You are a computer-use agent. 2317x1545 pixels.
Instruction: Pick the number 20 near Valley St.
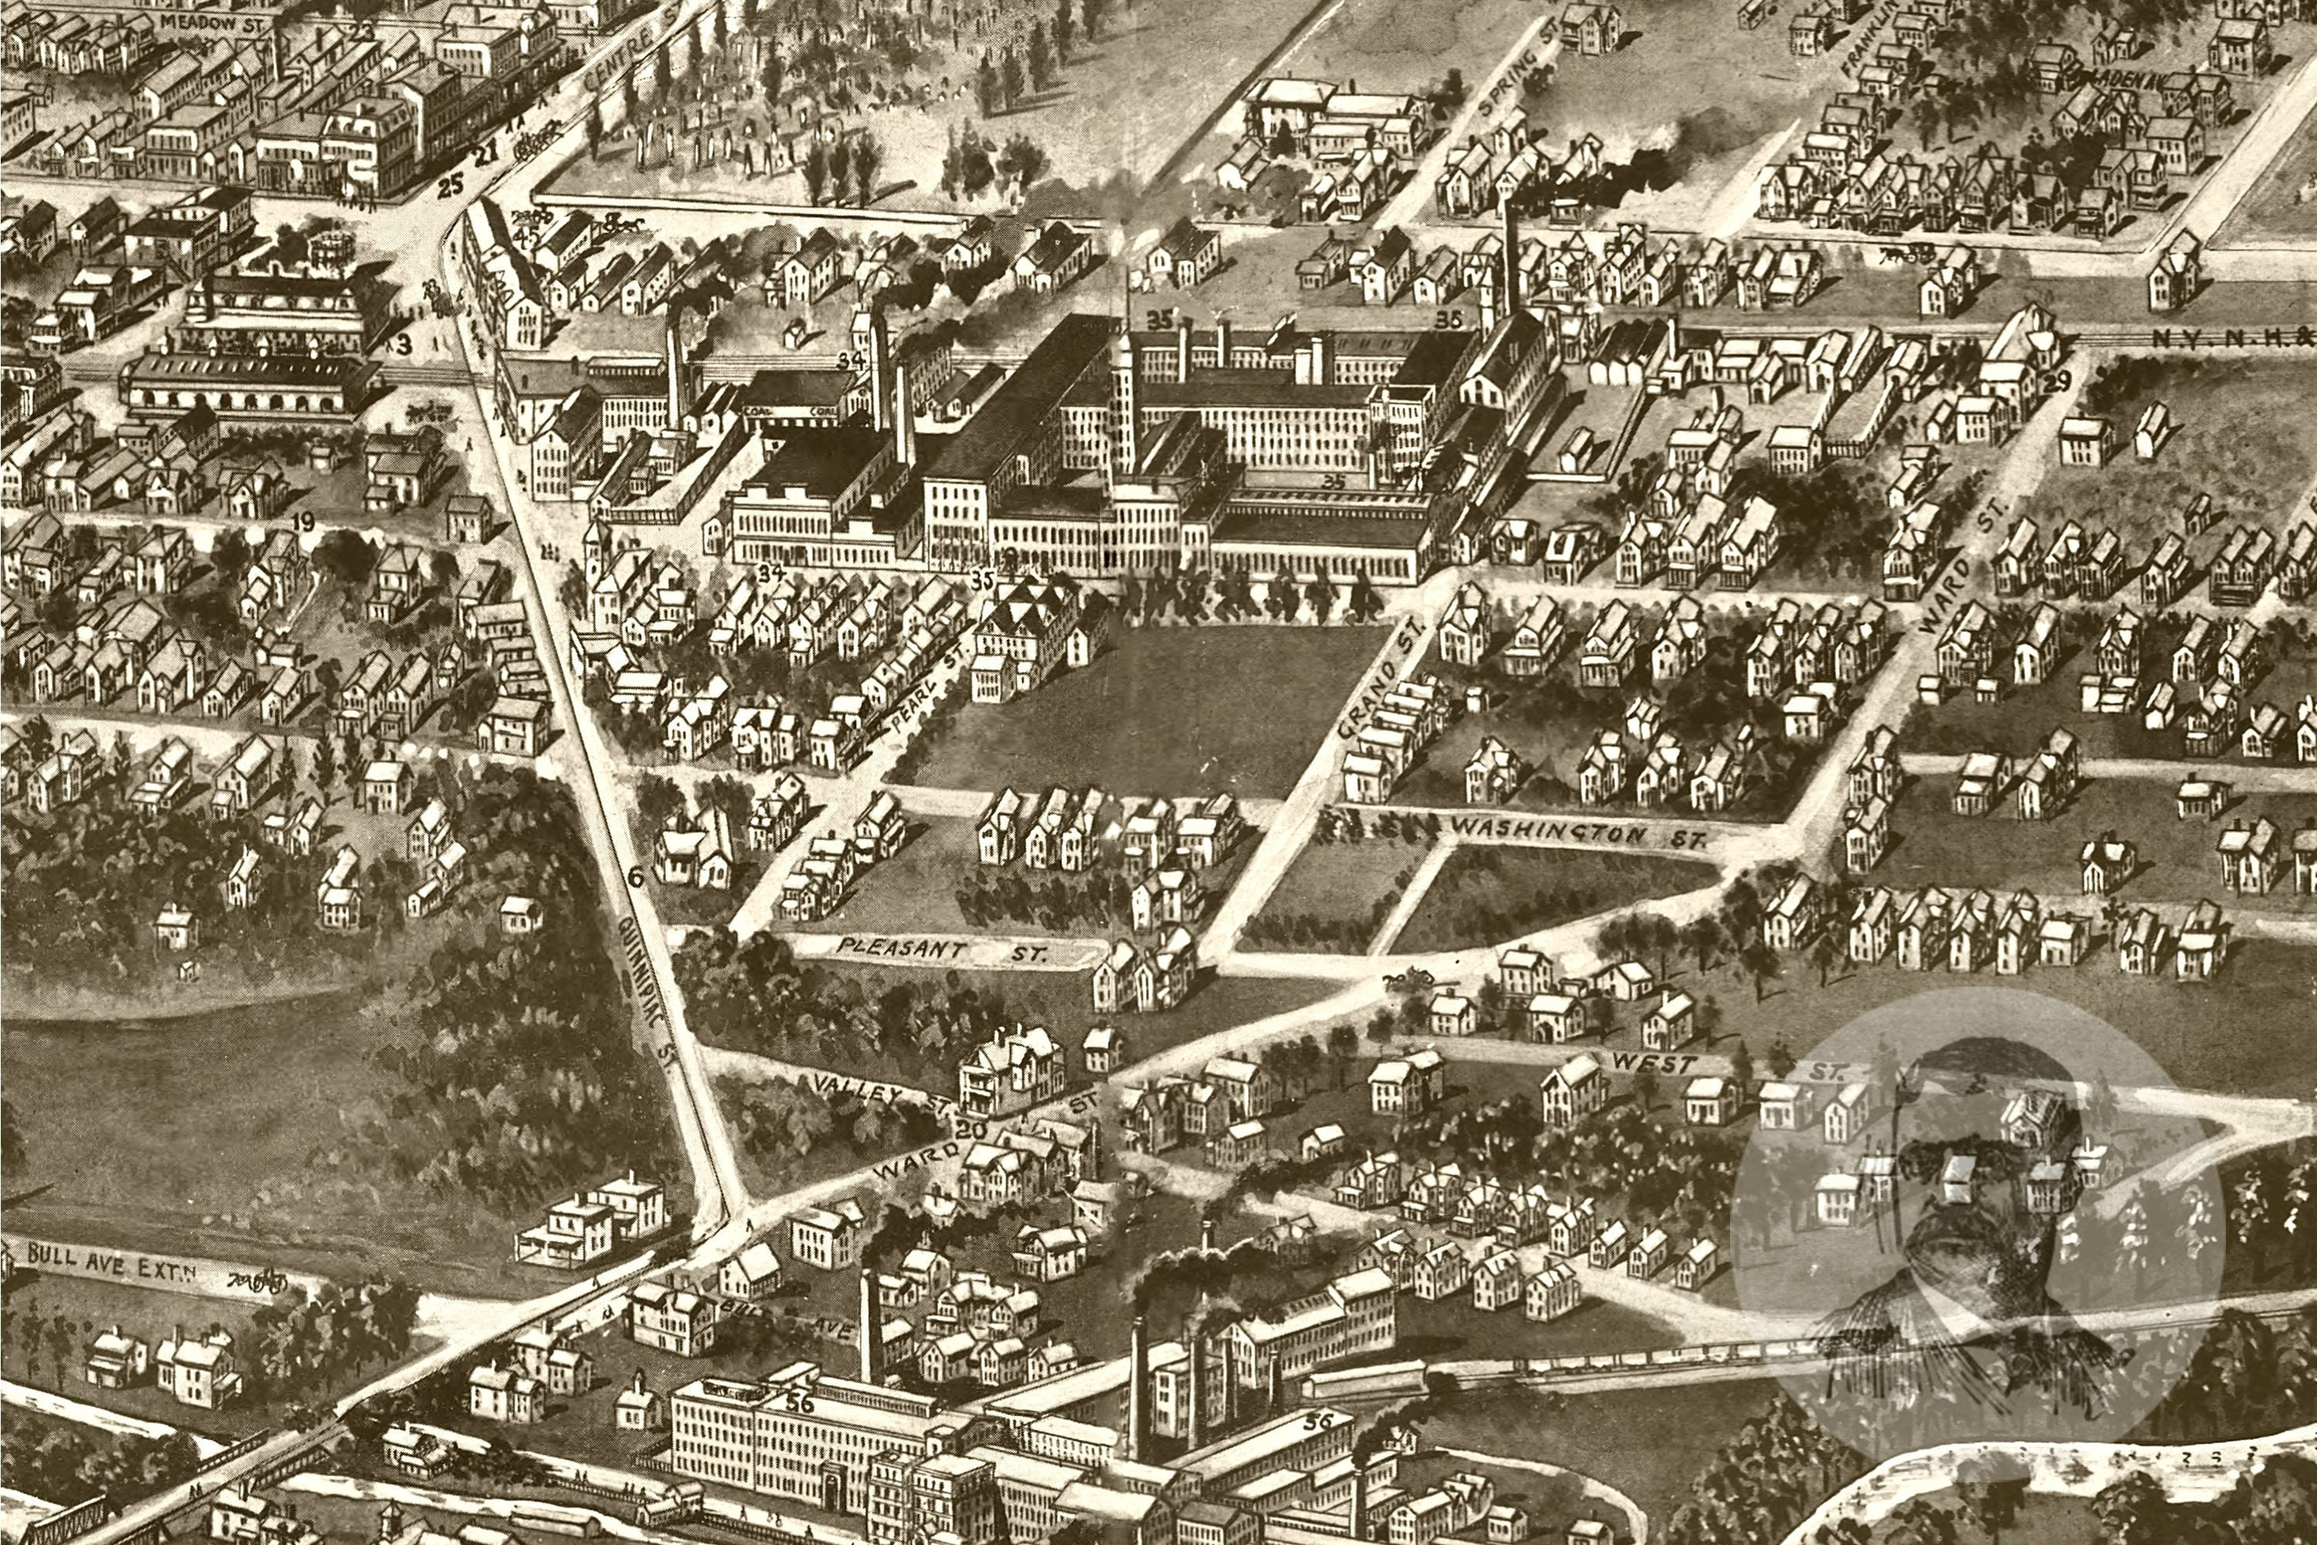pyautogui.click(x=970, y=1130)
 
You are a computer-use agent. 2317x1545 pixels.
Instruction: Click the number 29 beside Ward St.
pyautogui.click(x=2056, y=383)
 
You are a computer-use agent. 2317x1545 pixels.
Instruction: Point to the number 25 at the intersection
pyautogui.click(x=449, y=185)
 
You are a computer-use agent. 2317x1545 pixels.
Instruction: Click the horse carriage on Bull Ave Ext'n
pyautogui.click(x=258, y=1281)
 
